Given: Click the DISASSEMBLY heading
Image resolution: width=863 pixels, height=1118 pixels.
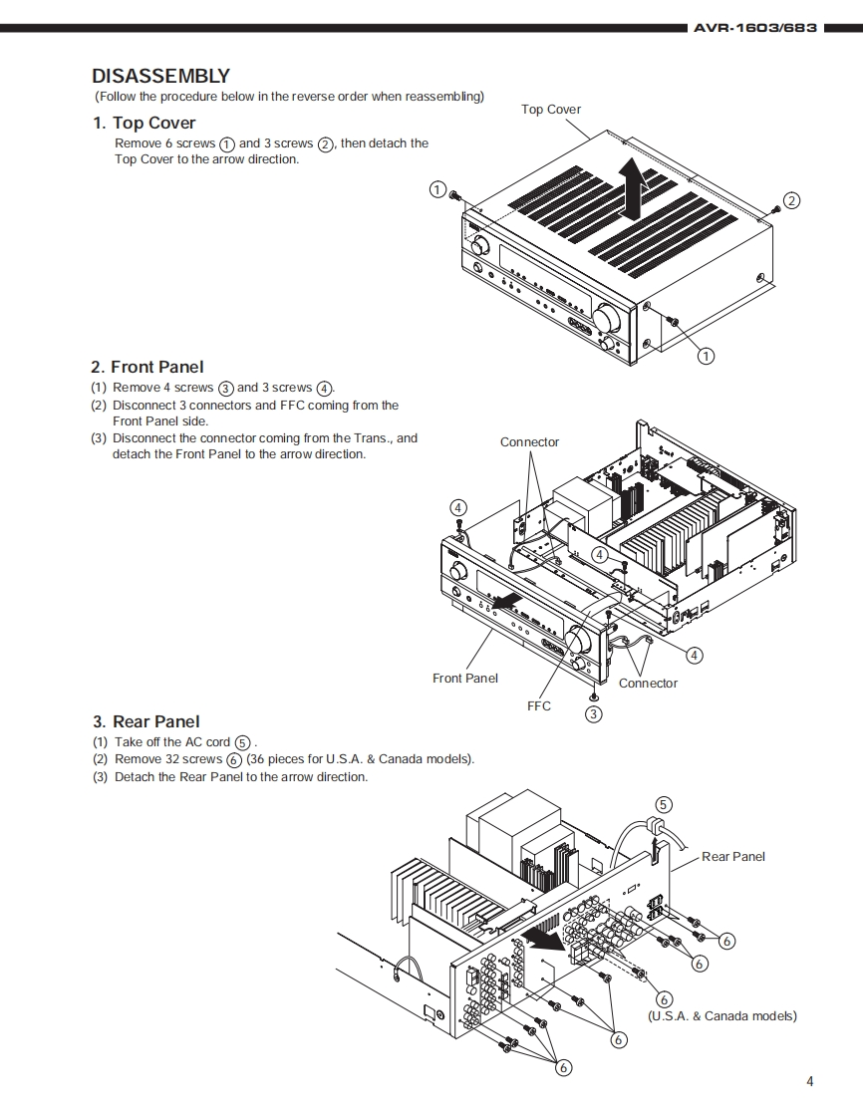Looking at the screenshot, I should [x=160, y=76].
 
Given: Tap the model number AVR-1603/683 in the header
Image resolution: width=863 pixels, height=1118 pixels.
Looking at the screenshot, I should [x=755, y=28].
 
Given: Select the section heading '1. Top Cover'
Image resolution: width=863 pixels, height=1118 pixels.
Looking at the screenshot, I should [x=144, y=123].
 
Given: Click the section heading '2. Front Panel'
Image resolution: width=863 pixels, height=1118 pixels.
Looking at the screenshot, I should [x=147, y=367].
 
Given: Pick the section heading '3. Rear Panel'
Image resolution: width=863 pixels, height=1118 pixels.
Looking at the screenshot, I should [x=146, y=721].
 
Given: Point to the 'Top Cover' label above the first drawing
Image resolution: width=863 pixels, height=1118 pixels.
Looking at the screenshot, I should [x=551, y=110].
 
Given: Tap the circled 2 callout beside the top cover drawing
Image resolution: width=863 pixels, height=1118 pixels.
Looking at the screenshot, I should [x=791, y=200].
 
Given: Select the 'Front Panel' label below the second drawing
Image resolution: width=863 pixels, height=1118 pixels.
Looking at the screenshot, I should [x=465, y=679].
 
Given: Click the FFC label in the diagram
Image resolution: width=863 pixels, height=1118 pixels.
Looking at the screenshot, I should [x=539, y=705].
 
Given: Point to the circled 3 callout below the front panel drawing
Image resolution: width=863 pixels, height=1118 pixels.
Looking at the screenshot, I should [x=594, y=713].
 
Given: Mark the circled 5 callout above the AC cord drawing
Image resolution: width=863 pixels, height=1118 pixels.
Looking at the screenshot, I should [x=664, y=805].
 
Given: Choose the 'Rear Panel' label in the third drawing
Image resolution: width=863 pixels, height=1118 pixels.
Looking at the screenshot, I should [x=733, y=857].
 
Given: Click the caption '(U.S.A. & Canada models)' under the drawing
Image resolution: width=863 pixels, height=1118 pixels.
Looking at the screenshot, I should [x=722, y=1016].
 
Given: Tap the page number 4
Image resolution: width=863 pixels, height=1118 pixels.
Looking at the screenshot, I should [x=810, y=1081].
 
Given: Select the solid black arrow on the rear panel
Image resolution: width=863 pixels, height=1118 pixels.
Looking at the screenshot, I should [x=543, y=939].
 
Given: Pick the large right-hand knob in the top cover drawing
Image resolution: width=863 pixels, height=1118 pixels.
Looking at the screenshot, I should [x=604, y=319].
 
